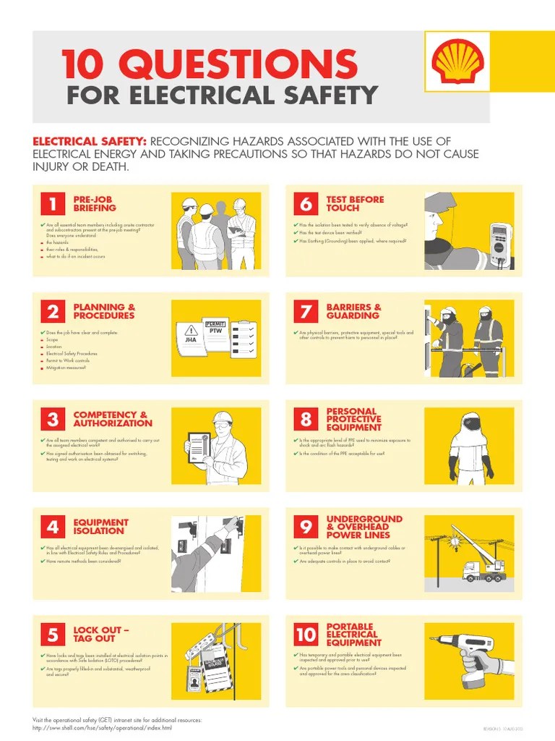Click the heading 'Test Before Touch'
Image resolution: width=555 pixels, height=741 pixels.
(x=355, y=203)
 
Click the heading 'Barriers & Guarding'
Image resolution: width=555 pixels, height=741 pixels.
(x=353, y=311)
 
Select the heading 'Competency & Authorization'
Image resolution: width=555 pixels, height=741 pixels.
(x=113, y=419)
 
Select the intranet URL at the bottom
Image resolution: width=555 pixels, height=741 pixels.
(x=103, y=727)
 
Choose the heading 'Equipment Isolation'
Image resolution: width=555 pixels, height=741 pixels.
(x=100, y=526)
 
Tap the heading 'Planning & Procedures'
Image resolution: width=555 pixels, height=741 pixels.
(x=103, y=311)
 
